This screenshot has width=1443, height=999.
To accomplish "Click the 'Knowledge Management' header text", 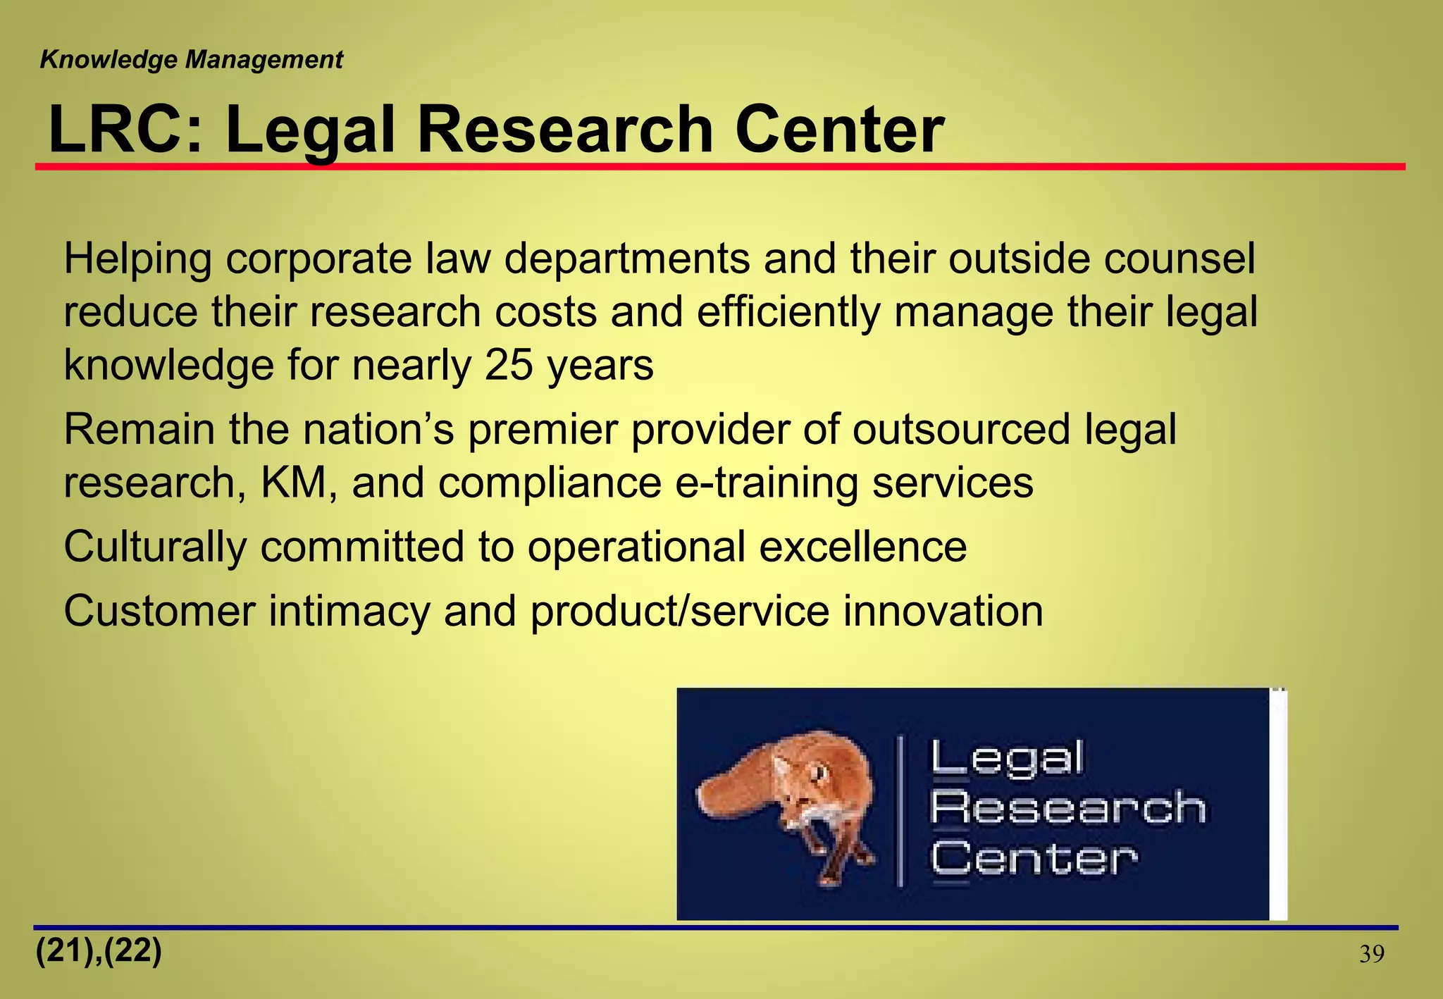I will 192,60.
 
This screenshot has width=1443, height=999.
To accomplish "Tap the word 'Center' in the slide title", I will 838,130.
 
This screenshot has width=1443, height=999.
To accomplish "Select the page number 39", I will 1371,955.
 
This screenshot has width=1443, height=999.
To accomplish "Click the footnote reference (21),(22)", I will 99,952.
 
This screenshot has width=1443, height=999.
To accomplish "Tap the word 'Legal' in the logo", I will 1008,759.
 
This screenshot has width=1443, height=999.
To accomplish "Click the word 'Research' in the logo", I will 1068,807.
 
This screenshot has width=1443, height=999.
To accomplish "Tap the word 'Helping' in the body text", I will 138,259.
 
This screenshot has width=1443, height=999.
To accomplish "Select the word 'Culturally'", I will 155,547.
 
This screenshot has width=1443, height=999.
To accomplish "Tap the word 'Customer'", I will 160,611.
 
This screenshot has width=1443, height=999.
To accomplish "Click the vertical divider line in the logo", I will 900,810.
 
